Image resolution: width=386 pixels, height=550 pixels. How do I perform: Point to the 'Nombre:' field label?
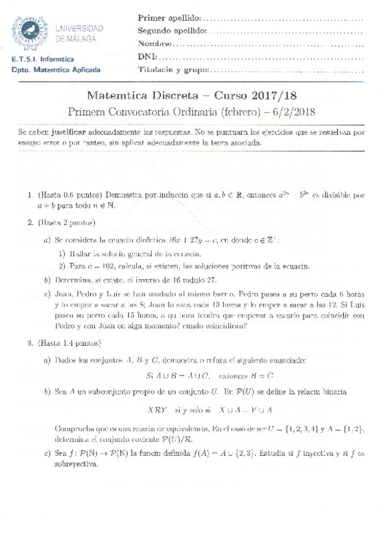154,43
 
